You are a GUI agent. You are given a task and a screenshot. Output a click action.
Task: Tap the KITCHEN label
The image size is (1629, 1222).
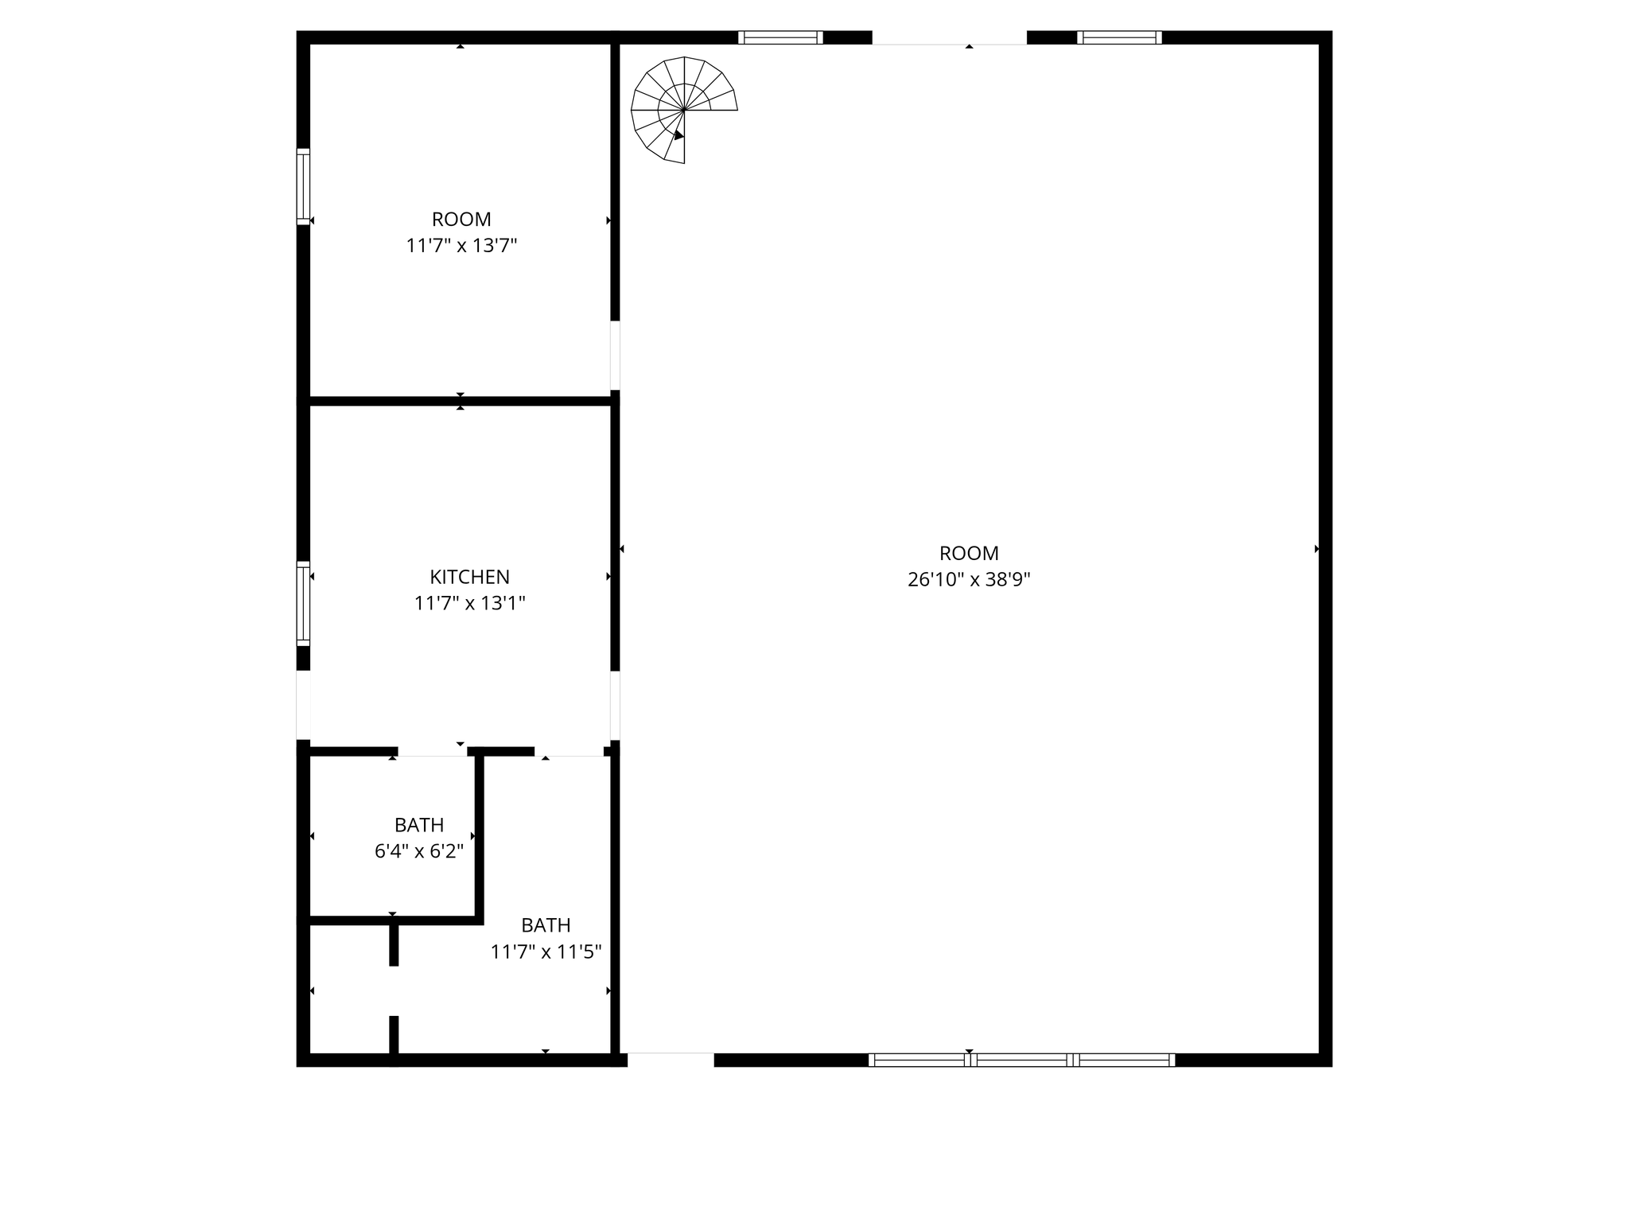(469, 577)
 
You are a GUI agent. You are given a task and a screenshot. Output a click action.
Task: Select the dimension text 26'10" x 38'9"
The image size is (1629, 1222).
(969, 580)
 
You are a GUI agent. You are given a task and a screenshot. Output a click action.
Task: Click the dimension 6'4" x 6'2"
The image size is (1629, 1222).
(419, 851)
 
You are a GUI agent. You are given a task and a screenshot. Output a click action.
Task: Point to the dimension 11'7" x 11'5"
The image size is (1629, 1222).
(546, 952)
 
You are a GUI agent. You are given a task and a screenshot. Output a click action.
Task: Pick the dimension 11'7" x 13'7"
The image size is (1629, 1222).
(461, 246)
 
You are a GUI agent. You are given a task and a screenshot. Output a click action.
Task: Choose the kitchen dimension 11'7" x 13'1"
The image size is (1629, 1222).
(469, 604)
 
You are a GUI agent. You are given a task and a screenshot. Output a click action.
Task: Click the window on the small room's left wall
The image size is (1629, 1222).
(303, 186)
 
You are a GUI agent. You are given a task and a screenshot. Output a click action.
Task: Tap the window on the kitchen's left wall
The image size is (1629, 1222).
(303, 603)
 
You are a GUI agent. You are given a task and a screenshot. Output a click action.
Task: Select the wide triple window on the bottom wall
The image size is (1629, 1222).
(1021, 1060)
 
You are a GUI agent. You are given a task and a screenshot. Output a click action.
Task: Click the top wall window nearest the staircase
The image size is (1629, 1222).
(780, 37)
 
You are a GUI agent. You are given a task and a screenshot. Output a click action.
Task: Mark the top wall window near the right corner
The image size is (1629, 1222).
(1119, 37)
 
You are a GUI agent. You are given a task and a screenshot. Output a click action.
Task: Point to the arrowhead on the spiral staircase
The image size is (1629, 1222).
(678, 135)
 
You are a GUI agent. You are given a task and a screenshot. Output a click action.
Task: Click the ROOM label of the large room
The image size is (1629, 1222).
(969, 553)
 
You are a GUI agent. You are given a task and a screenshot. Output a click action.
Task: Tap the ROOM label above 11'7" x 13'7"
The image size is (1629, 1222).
(461, 219)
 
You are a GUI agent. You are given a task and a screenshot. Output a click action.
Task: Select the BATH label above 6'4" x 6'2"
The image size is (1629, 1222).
(419, 825)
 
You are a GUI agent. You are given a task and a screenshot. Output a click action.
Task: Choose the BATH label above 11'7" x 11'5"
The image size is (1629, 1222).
(546, 925)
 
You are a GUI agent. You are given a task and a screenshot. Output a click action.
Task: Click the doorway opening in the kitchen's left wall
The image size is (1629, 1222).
(303, 705)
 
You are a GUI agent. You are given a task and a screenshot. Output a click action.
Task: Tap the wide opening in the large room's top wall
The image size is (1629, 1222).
(950, 37)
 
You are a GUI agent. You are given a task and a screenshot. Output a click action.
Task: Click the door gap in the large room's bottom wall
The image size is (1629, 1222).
(671, 1060)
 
